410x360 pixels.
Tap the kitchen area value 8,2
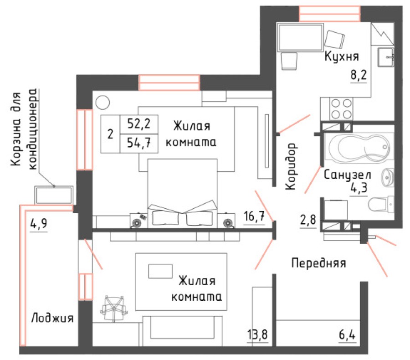359,76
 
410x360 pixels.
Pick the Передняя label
318,263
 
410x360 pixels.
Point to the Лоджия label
52,318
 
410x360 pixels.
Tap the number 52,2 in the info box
139,123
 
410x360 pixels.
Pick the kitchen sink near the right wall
387,57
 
